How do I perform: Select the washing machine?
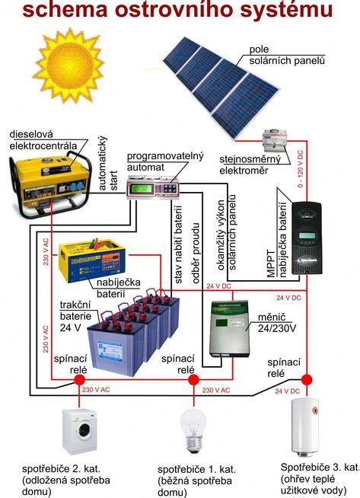(79, 430)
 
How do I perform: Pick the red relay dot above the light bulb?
(193, 378)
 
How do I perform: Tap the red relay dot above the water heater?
(307, 378)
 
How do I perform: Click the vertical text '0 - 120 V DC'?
(301, 169)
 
